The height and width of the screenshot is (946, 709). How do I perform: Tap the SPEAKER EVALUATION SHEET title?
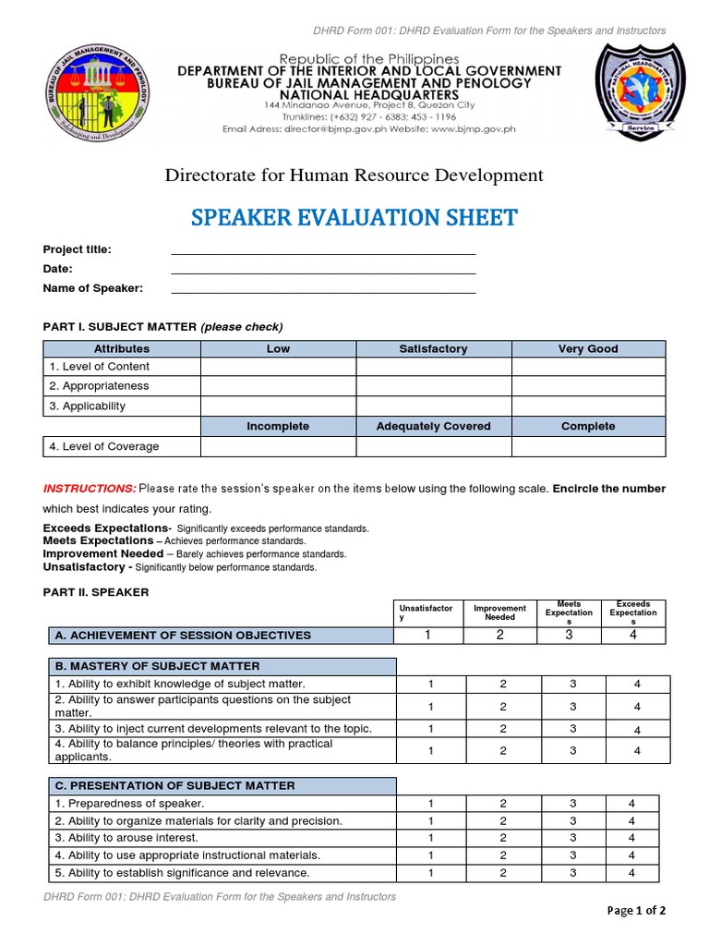(x=354, y=218)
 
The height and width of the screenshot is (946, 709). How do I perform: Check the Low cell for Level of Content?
(x=278, y=367)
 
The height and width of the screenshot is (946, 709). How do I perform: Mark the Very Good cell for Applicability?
(x=588, y=406)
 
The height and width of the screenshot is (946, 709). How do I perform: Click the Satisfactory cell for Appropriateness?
(x=433, y=386)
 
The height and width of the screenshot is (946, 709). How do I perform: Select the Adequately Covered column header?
(x=433, y=426)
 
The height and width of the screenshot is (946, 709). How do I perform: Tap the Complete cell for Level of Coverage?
(x=588, y=446)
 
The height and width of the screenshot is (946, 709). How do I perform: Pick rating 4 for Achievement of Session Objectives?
(x=632, y=635)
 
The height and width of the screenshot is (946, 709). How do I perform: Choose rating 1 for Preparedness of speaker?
(x=430, y=804)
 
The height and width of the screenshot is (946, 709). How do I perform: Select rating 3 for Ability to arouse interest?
(x=572, y=838)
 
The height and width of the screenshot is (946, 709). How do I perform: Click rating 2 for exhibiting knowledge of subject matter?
(x=503, y=684)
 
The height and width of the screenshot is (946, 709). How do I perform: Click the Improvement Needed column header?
(x=499, y=612)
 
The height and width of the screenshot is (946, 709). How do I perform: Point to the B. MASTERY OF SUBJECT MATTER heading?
(x=158, y=666)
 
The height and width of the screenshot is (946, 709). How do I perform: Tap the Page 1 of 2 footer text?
(x=636, y=911)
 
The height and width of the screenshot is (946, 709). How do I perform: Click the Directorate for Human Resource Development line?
(x=354, y=176)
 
